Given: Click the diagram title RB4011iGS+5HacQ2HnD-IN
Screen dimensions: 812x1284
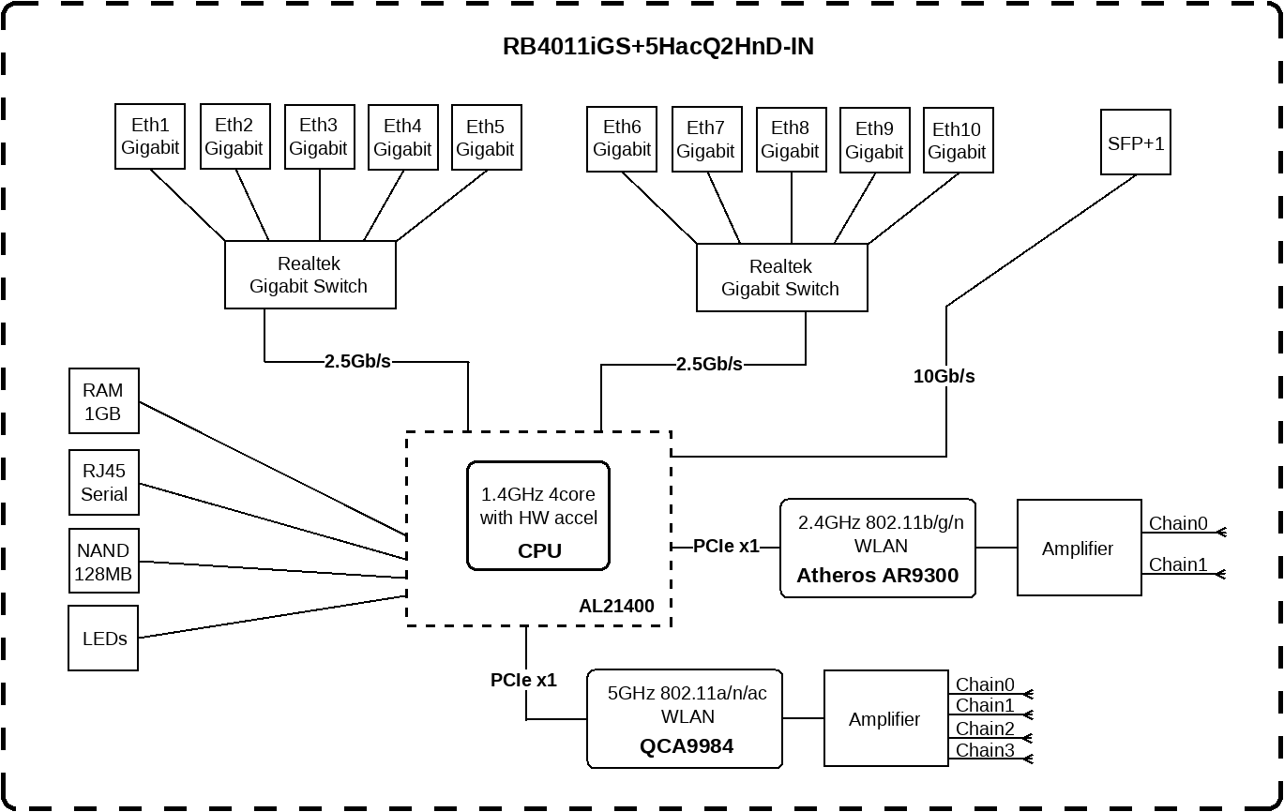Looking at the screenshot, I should coord(657,46).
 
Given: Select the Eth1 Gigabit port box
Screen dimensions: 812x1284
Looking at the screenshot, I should coord(150,137).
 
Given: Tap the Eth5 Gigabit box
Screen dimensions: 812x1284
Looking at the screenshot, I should coord(486,137).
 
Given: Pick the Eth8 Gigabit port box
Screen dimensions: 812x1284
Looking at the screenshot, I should coord(790,140).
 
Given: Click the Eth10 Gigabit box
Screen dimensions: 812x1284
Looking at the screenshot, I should coord(958,141).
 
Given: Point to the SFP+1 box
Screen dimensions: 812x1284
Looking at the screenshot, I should coord(1135,144).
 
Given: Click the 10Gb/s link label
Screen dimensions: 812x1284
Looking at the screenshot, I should coord(944,377).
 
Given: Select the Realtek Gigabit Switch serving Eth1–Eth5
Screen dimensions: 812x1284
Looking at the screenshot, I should coord(310,276).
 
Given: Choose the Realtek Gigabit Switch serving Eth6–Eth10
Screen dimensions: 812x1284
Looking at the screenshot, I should coord(780,278).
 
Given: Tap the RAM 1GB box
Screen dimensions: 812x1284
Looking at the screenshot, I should coord(103,401).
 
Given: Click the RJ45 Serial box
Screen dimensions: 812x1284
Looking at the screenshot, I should coord(103,482).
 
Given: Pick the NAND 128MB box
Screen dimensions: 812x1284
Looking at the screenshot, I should coord(103,563).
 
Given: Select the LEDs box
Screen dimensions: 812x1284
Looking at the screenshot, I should coord(103,639).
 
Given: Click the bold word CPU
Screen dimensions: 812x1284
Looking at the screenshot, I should coord(539,551).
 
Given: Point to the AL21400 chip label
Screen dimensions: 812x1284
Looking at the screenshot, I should coord(616,606).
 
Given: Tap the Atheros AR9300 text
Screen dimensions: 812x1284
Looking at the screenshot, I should coord(877,576).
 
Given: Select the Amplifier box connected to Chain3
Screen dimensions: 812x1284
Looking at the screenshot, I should coord(885,719).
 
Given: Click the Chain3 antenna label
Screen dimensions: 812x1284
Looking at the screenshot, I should coord(985,750).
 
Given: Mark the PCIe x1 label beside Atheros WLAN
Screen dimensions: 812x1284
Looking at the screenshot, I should coord(726,546).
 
